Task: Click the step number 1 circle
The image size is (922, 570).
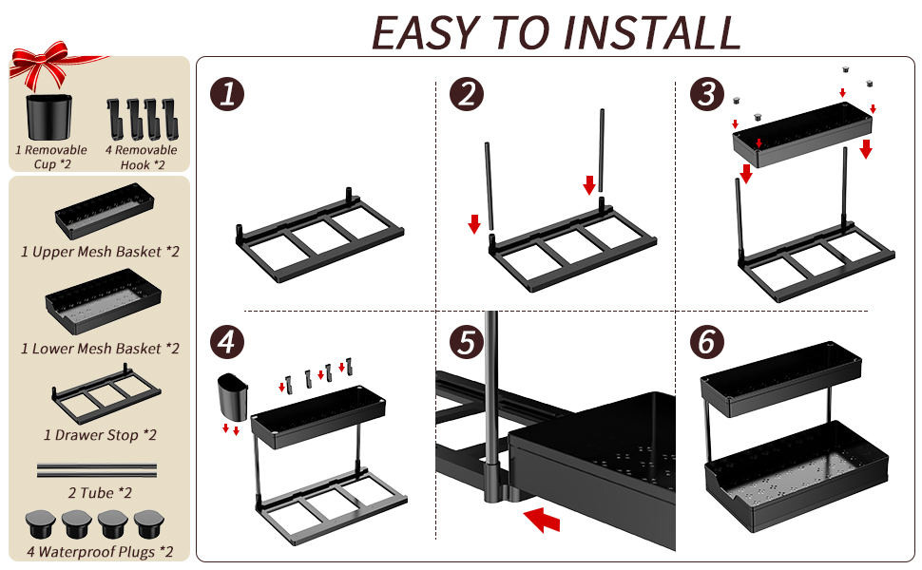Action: coord(228,95)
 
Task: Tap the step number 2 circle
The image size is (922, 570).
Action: coord(467,95)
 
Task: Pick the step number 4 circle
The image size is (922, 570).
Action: coord(228,343)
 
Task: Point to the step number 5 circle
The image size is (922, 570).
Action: coord(467,343)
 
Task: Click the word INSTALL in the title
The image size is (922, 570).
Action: coord(651,33)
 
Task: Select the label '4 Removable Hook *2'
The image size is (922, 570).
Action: coord(142,157)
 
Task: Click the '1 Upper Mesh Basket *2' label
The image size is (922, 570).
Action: coord(100,252)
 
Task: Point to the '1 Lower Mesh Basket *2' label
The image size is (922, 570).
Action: coord(100,349)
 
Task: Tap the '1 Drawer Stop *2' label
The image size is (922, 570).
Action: coord(100,435)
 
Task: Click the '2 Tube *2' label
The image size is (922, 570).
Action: coord(99,492)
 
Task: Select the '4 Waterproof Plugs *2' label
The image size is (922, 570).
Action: coord(99,551)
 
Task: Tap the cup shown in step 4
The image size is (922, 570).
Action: coord(231,396)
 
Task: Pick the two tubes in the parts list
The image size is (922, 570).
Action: coord(96,469)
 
